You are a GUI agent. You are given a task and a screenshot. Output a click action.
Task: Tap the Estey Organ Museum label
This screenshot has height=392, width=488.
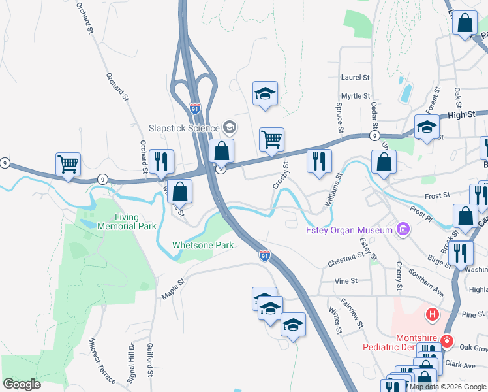point(348,229)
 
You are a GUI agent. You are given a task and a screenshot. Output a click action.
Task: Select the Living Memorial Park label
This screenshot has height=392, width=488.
point(136,222)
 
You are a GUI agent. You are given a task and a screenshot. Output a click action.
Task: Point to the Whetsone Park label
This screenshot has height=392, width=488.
point(203,246)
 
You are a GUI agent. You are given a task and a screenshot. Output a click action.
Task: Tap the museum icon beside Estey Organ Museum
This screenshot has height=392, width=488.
point(403,229)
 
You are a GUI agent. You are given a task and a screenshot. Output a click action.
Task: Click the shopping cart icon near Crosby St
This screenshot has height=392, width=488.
point(271,139)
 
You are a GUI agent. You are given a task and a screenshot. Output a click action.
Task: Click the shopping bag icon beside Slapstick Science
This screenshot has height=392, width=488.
point(222,150)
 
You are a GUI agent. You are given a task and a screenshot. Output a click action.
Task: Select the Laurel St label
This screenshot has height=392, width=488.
point(356,77)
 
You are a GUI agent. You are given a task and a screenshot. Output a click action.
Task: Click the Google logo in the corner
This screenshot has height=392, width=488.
point(22,384)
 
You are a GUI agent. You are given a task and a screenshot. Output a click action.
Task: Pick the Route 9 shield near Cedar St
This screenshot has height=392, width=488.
point(374,135)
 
